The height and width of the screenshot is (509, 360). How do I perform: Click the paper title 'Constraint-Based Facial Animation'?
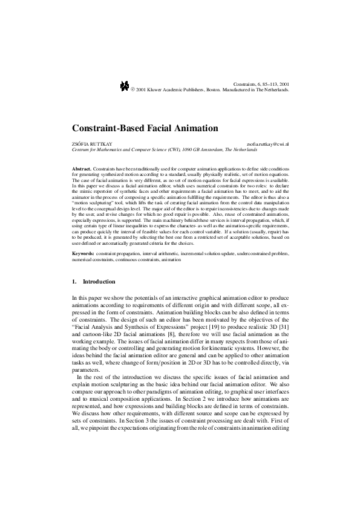(145, 128)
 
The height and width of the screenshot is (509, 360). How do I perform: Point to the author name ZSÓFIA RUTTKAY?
(92, 143)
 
